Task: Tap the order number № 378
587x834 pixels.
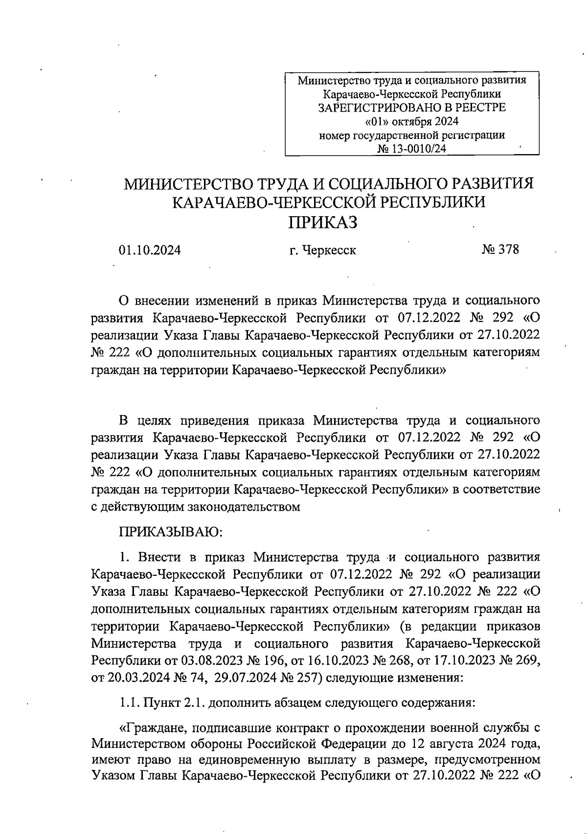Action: (500, 250)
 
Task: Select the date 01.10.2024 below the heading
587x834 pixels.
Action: (150, 250)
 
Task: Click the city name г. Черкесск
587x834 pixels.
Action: (322, 250)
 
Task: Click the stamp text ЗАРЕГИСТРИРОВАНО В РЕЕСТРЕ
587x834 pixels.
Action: (412, 108)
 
